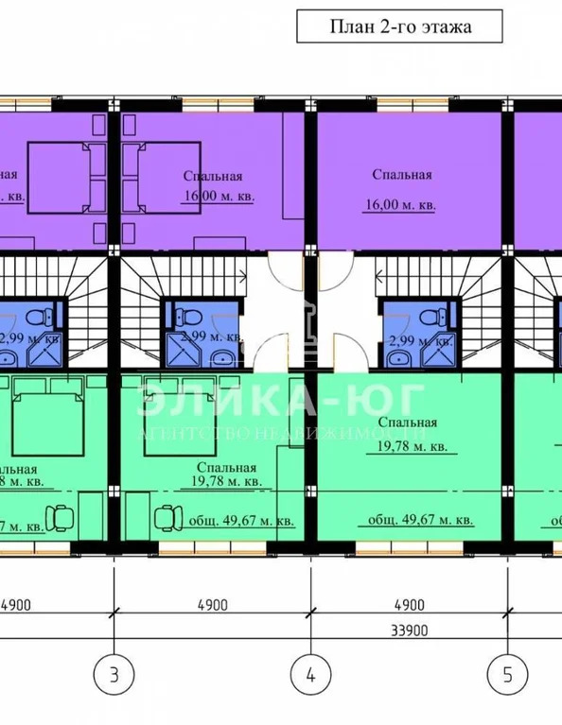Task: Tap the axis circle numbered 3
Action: [x=114, y=675]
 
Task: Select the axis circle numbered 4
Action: [x=309, y=675]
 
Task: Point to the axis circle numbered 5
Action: [x=507, y=675]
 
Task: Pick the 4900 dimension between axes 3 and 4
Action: [x=211, y=603]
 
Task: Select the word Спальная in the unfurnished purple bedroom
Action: [x=402, y=174]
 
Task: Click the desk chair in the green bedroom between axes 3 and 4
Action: [x=167, y=517]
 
